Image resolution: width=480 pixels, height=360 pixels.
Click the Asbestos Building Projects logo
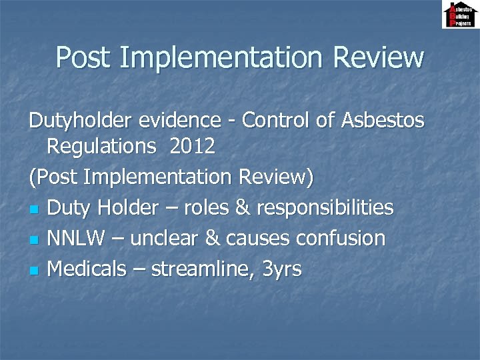click(459, 15)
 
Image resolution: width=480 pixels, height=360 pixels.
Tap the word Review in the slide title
click(378, 57)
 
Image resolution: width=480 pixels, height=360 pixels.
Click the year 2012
click(192, 147)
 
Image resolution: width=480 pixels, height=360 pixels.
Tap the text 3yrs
click(282, 270)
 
